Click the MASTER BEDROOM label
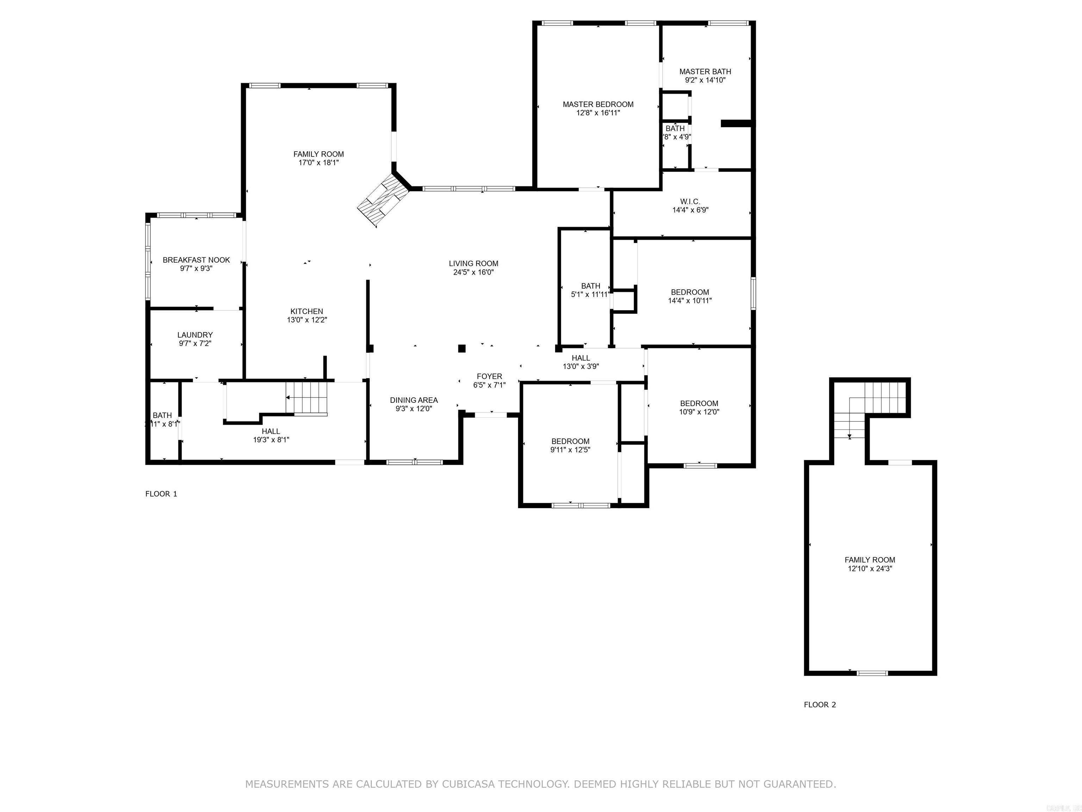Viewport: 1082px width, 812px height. click(598, 104)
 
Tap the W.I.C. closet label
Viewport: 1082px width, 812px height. click(690, 202)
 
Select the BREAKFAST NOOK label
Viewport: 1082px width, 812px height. click(196, 260)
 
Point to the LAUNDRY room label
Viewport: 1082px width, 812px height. click(195, 335)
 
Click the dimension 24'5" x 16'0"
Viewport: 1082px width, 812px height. click(473, 272)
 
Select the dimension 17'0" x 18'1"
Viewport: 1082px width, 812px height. click(318, 162)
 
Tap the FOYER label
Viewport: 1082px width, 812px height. click(489, 376)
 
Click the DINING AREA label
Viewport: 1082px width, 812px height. click(413, 400)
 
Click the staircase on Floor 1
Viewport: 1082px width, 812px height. click(307, 398)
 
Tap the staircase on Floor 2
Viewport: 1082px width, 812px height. click(871, 409)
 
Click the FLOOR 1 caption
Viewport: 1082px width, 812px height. click(161, 494)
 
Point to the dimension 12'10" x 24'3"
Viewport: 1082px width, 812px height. click(870, 569)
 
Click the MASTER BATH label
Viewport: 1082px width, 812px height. click(705, 72)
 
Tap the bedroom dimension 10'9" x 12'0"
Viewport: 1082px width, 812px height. click(699, 412)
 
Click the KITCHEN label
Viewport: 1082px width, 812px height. click(307, 311)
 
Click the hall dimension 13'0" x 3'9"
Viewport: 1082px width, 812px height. click(580, 366)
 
